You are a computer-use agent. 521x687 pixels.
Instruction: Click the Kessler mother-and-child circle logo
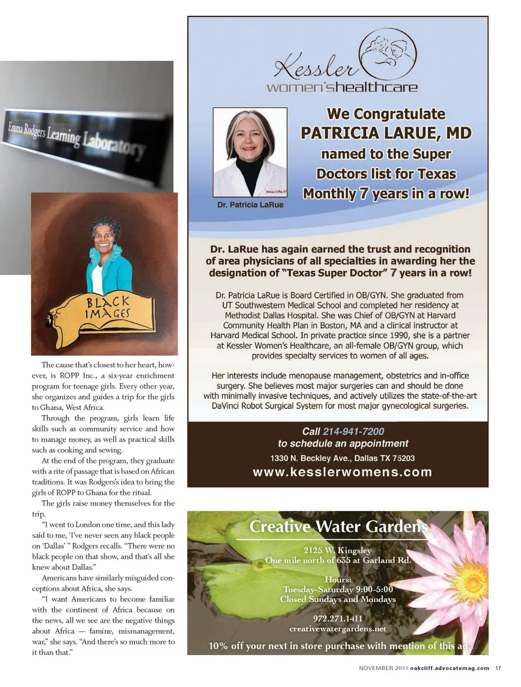point(389,54)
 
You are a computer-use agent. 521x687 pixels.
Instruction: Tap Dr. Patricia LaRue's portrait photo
point(250,152)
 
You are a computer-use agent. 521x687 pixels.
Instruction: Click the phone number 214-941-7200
point(353,431)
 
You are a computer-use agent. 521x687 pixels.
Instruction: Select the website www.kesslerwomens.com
point(342,472)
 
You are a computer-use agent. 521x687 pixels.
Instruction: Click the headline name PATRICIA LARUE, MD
point(386,133)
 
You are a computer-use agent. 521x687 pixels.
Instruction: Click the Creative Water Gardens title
point(338,527)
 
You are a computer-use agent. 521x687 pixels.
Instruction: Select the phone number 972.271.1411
point(338,618)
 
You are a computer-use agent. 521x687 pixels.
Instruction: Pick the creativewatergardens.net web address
point(338,629)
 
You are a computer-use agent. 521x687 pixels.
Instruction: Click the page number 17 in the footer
point(498,668)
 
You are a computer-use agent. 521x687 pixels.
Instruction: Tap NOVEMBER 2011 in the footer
point(383,668)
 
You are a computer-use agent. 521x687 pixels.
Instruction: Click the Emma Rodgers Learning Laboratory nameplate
point(76,135)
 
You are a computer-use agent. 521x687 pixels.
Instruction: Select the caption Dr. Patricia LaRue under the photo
point(250,205)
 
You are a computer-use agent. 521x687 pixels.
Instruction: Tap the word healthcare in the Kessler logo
point(376,87)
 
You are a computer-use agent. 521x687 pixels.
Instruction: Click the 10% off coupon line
point(338,646)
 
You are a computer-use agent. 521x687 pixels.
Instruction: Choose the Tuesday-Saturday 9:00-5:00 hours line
point(338,589)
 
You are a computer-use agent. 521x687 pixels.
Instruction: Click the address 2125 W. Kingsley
point(338,550)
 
